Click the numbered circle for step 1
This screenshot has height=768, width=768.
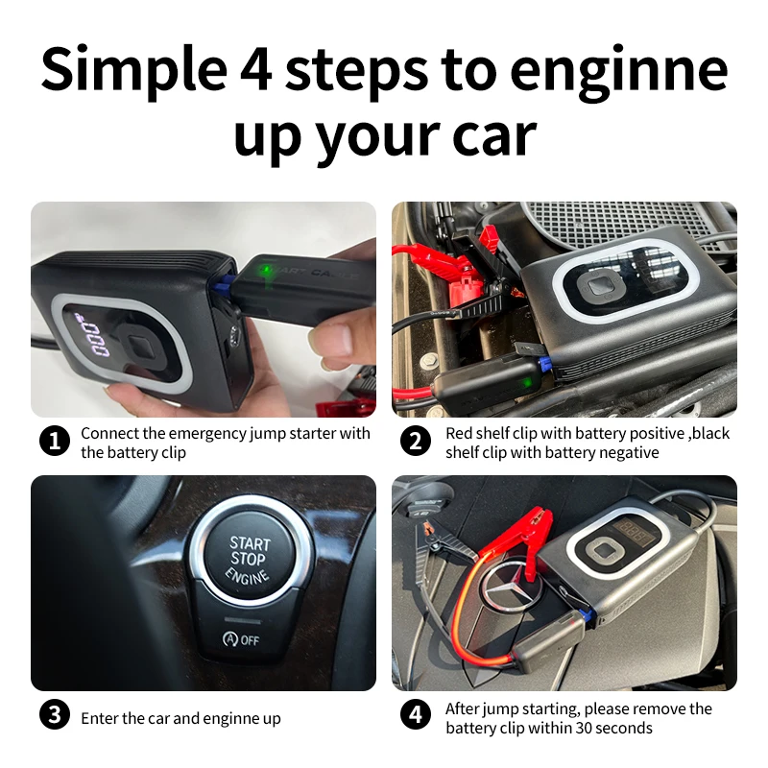pos(55,441)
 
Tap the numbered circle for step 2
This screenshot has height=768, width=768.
pos(416,441)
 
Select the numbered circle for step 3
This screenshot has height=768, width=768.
pos(55,714)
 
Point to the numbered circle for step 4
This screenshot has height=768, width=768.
pos(416,714)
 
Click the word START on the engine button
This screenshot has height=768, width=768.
pos(251,543)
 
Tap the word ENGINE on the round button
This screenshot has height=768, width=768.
pos(248,576)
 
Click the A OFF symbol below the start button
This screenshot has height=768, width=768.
pos(241,639)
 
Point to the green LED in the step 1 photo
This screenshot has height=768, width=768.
pos(265,270)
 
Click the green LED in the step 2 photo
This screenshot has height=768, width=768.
pos(526,381)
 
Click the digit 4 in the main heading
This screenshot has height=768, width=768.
pos(255,69)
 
